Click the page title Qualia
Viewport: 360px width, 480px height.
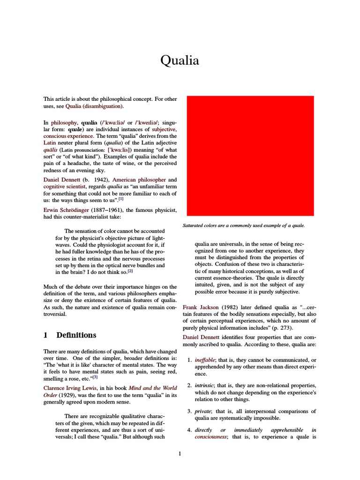180,60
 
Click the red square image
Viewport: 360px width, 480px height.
250,156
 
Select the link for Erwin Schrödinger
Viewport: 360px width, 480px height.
68,209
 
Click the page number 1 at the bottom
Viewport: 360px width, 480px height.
180,453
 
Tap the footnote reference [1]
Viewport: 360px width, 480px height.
121,199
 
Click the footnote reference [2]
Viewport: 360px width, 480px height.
131,271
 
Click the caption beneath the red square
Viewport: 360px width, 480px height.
243,225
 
